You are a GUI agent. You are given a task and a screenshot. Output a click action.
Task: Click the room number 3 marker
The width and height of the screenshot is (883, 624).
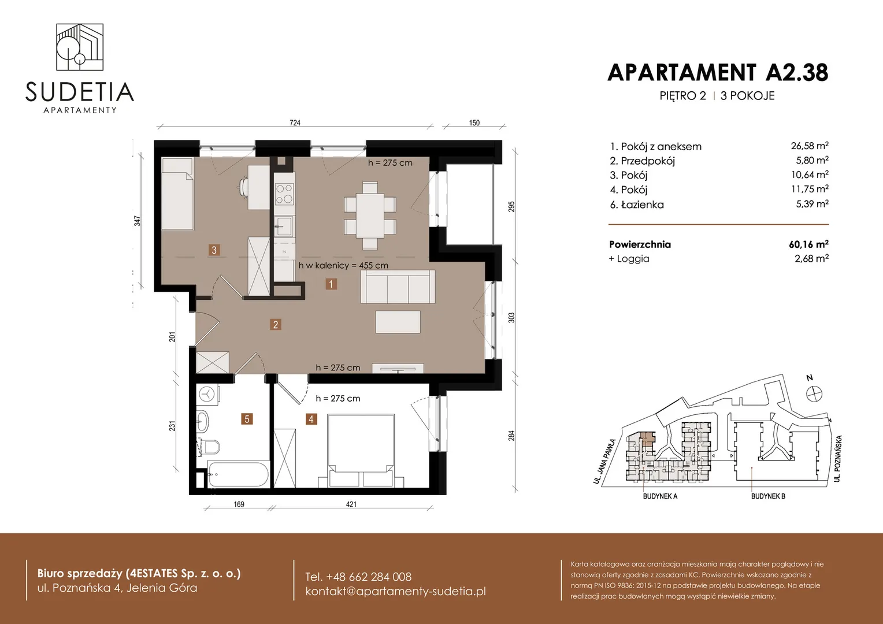(x=214, y=250)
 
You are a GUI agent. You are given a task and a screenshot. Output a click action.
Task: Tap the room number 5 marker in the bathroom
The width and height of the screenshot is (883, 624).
(x=247, y=419)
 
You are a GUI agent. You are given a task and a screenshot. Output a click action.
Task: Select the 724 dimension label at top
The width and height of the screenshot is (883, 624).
(x=295, y=122)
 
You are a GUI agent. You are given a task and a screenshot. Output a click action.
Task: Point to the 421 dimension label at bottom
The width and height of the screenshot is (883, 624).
(x=351, y=504)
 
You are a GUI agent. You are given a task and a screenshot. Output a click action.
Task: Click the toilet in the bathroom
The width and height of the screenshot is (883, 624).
(x=209, y=447)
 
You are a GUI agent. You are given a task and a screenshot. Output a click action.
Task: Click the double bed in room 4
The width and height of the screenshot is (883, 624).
(x=361, y=451)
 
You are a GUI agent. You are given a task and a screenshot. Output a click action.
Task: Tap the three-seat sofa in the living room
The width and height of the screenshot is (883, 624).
(x=398, y=287)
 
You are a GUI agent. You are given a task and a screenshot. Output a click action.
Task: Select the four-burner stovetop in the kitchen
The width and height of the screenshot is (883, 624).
(x=285, y=194)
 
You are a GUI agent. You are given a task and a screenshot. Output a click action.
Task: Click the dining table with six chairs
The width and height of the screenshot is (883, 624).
(x=370, y=216)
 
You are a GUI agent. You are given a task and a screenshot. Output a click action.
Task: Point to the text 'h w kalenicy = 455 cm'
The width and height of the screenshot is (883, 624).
(x=343, y=265)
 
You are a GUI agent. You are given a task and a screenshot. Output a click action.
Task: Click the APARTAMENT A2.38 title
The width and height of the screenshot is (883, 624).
(x=718, y=73)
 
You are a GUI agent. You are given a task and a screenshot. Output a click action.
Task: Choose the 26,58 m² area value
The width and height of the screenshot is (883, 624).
(x=810, y=146)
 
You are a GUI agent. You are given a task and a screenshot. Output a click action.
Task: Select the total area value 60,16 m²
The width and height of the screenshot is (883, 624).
(x=808, y=244)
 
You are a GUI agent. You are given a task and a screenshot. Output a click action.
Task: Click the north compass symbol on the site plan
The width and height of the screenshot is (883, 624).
(x=814, y=393)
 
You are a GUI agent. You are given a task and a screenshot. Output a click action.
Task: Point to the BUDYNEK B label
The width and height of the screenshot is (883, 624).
(x=768, y=496)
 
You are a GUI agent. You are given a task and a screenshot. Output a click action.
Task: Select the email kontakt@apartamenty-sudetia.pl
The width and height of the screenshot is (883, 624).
(x=395, y=591)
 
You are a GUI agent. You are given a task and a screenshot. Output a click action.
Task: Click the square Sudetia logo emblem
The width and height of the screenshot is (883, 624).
(x=80, y=47)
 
